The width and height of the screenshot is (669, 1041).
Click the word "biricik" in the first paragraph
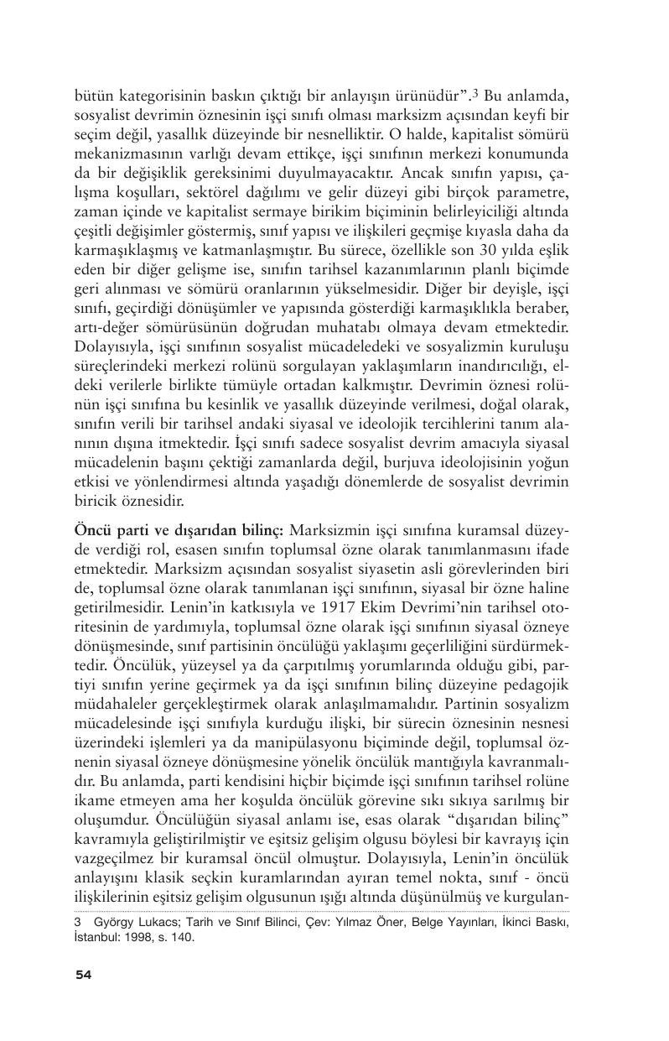click(96, 502)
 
